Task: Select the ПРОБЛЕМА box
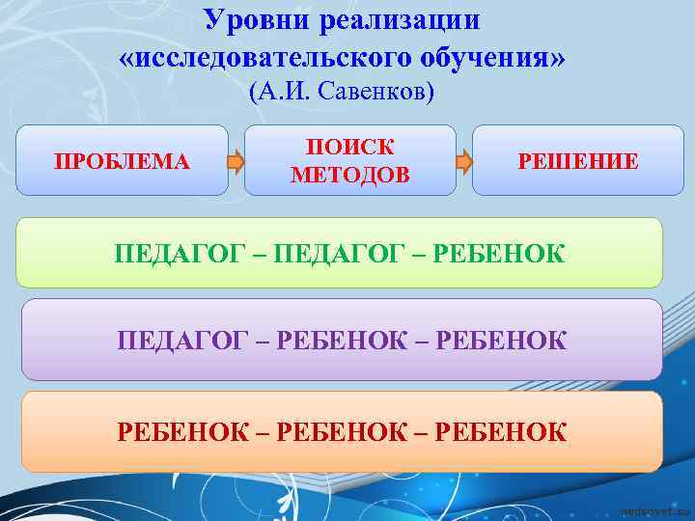[x=123, y=161]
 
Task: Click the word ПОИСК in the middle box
[x=349, y=148]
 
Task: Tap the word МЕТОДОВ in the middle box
[x=349, y=175]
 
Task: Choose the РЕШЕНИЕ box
[x=577, y=161]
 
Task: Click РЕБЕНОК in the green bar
[x=500, y=254]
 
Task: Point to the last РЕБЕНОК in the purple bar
[x=502, y=341]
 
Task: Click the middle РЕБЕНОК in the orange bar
[x=342, y=430]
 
